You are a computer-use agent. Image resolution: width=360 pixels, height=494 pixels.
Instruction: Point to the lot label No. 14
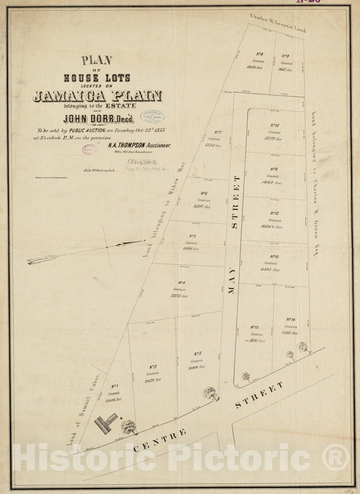290,320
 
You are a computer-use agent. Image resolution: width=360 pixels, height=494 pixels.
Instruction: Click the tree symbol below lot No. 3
211,392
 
